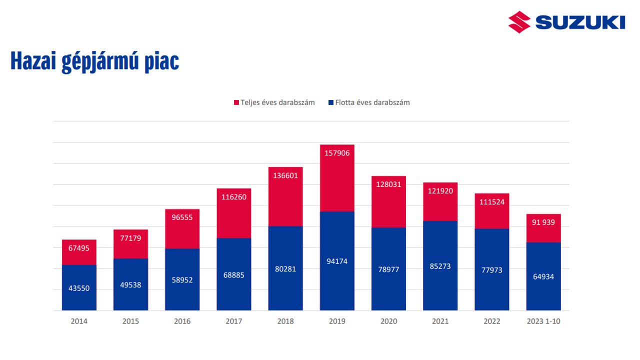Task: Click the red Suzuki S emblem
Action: click(519, 22)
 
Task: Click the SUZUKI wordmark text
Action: click(580, 22)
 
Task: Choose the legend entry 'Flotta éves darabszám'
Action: click(372, 102)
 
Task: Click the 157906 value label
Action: click(337, 153)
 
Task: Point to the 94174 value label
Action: click(337, 261)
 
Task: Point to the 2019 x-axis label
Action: click(337, 321)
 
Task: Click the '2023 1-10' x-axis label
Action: click(543, 321)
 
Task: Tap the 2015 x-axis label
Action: click(130, 321)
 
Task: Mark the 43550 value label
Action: click(79, 288)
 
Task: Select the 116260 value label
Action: click(234, 197)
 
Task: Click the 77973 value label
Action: click(492, 270)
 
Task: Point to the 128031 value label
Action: click(388, 184)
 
